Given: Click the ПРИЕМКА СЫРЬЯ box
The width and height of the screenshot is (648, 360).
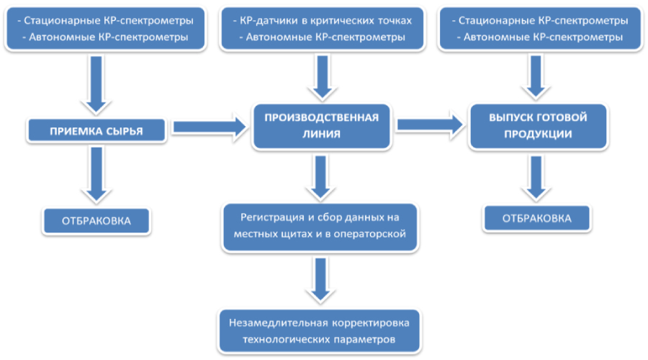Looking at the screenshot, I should click(x=96, y=131).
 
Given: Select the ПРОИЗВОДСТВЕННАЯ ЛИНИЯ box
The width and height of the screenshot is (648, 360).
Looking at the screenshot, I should click(x=321, y=125).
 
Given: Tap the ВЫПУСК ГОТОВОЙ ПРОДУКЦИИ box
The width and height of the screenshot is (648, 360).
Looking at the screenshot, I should click(x=538, y=125).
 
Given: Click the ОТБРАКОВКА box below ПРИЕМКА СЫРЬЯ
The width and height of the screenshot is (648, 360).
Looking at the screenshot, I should click(x=96, y=220).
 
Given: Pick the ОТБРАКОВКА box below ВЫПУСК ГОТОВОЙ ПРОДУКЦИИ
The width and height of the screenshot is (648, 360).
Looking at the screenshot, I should click(x=537, y=218).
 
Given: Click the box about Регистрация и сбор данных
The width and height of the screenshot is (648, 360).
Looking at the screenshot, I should click(x=320, y=225).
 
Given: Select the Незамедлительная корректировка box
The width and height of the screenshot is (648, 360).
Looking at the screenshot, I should click(x=320, y=330).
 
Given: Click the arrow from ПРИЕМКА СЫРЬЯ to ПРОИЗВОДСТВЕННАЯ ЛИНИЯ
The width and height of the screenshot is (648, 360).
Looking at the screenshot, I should click(x=209, y=127).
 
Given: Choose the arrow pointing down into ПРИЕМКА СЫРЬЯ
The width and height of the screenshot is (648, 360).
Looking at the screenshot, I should click(x=96, y=84).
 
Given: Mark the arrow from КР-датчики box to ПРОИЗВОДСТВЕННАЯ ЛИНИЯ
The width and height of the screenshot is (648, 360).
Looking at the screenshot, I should click(x=320, y=76).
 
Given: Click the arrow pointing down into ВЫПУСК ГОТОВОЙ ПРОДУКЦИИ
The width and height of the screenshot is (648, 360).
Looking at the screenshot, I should click(x=537, y=76).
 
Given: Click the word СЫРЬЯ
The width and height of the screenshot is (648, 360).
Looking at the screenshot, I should click(x=124, y=131).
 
